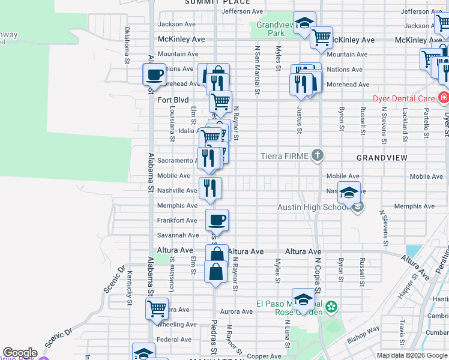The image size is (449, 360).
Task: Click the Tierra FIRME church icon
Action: click(x=318, y=156)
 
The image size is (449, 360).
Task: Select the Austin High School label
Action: click(x=313, y=207)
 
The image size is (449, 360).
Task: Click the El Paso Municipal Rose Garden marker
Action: click(x=332, y=307)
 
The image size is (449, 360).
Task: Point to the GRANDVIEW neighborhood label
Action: click(x=382, y=157)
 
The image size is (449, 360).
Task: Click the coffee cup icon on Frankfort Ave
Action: click(x=217, y=219)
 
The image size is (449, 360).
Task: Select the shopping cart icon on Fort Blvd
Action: click(x=221, y=101)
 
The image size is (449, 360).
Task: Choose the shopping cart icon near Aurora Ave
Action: click(x=157, y=308)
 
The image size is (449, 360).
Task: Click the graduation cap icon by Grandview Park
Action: click(x=305, y=25)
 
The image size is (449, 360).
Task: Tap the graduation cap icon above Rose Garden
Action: click(x=304, y=299)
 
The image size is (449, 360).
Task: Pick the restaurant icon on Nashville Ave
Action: click(x=210, y=188)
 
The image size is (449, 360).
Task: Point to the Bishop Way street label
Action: click(x=366, y=329)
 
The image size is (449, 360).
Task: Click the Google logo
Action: click(x=19, y=353)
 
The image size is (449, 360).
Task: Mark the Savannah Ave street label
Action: click(x=178, y=235)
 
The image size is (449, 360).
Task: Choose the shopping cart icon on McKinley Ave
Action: click(x=322, y=37)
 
